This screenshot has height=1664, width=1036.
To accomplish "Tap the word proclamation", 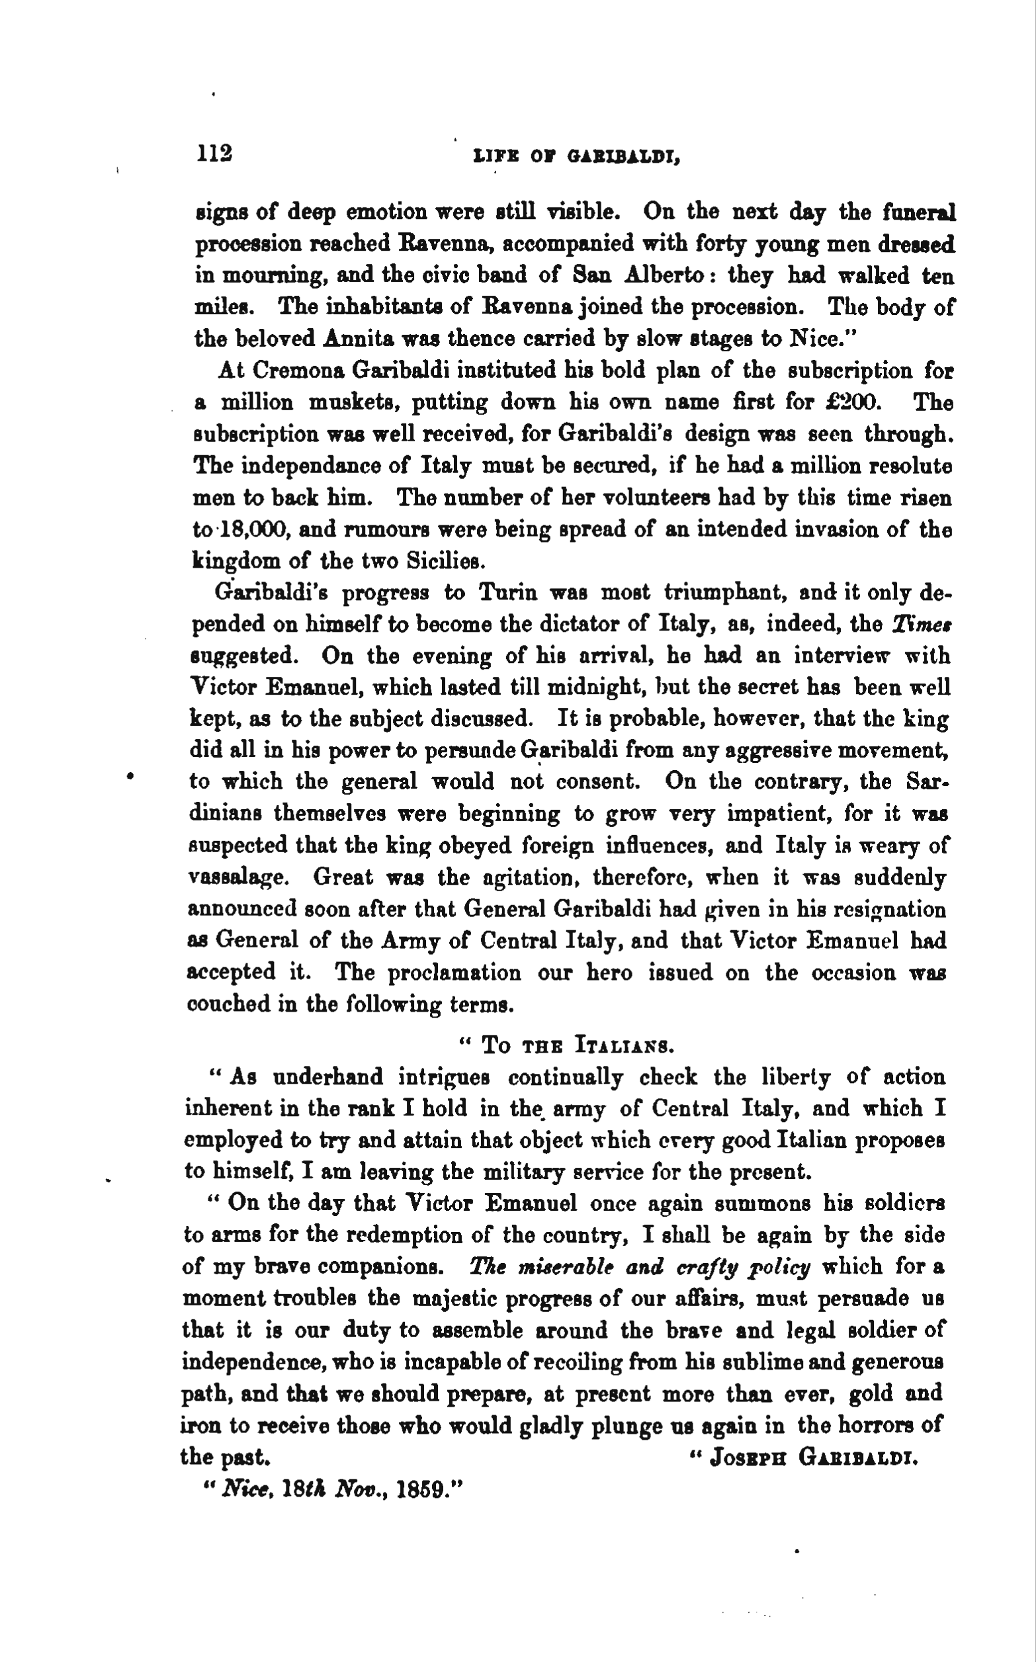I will click(452, 972).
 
